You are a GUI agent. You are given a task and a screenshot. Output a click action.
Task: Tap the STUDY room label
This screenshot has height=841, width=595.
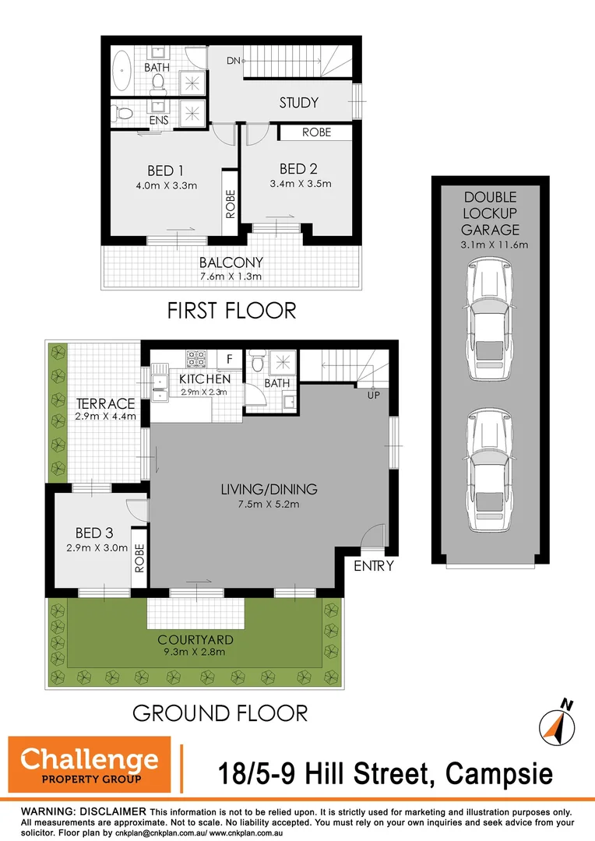(299, 103)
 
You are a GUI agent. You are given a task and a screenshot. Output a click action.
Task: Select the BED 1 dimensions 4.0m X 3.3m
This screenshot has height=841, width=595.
(166, 185)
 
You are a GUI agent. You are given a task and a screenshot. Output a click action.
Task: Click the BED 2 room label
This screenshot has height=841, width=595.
(298, 169)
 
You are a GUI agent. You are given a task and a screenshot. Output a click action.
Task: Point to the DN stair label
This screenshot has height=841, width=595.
(234, 61)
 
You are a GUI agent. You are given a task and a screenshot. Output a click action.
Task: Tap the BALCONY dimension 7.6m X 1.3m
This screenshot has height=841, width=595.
(231, 276)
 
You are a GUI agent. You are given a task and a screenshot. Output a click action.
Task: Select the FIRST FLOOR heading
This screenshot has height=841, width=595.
(232, 311)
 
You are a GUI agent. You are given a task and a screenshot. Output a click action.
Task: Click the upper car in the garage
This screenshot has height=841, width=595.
(489, 320)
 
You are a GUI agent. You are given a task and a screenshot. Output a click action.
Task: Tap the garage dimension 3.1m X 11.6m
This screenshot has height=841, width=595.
(490, 245)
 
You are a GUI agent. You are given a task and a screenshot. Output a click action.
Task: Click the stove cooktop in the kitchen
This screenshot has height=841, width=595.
(195, 359)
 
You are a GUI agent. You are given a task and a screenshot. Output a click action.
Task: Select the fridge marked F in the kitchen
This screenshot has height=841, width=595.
(229, 359)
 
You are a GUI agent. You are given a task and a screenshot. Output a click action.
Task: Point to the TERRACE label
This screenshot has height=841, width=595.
(106, 403)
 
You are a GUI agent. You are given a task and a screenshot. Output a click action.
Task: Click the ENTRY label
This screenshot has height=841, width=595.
(374, 566)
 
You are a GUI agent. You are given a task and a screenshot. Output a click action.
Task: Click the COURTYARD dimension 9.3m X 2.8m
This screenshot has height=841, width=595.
(194, 652)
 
